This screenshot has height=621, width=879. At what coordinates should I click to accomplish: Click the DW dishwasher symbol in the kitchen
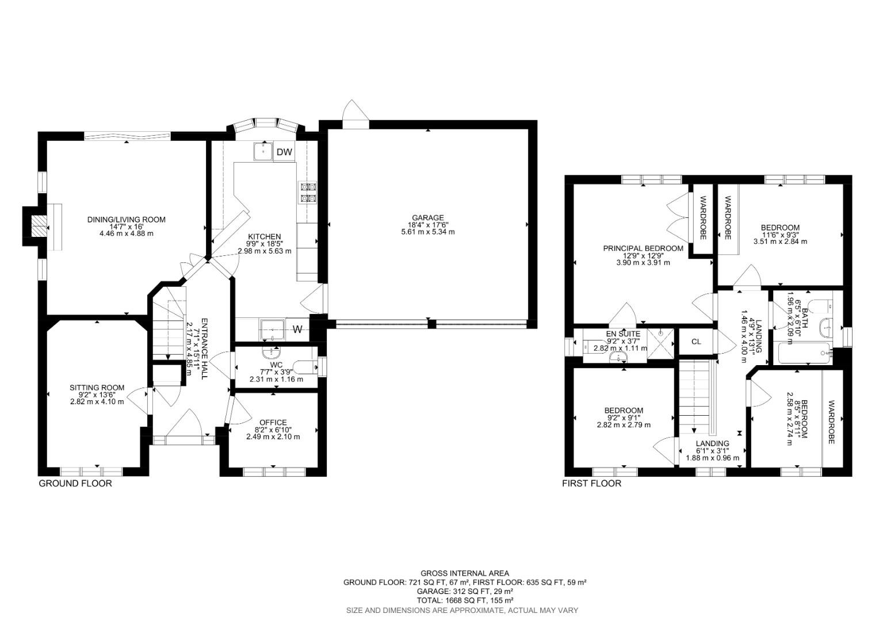[x=284, y=152]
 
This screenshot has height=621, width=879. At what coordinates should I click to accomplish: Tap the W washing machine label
[x=297, y=329]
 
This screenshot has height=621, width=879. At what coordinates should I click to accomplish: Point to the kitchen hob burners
[x=307, y=193]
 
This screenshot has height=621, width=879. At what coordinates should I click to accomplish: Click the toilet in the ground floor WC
[x=305, y=366]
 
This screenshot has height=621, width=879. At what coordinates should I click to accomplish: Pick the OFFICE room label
[x=273, y=423]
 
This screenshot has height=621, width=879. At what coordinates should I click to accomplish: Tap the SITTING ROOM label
[x=97, y=388]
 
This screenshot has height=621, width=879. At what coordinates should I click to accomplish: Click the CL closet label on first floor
[x=696, y=342]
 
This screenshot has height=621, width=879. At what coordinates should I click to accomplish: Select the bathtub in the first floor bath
[x=803, y=354]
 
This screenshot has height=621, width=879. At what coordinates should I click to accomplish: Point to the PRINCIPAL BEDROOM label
[x=643, y=248]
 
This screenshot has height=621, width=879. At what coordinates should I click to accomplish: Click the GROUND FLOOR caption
[x=75, y=484]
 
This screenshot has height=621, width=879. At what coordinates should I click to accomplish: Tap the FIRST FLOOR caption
[x=591, y=484]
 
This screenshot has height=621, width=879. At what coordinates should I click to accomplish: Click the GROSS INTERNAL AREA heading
[x=464, y=573]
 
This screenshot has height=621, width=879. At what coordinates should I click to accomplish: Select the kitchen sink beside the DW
[x=263, y=152]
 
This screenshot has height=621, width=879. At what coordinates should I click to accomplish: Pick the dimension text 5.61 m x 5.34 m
[x=427, y=232]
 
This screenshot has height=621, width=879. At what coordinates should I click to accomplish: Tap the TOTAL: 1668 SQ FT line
[x=464, y=600]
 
